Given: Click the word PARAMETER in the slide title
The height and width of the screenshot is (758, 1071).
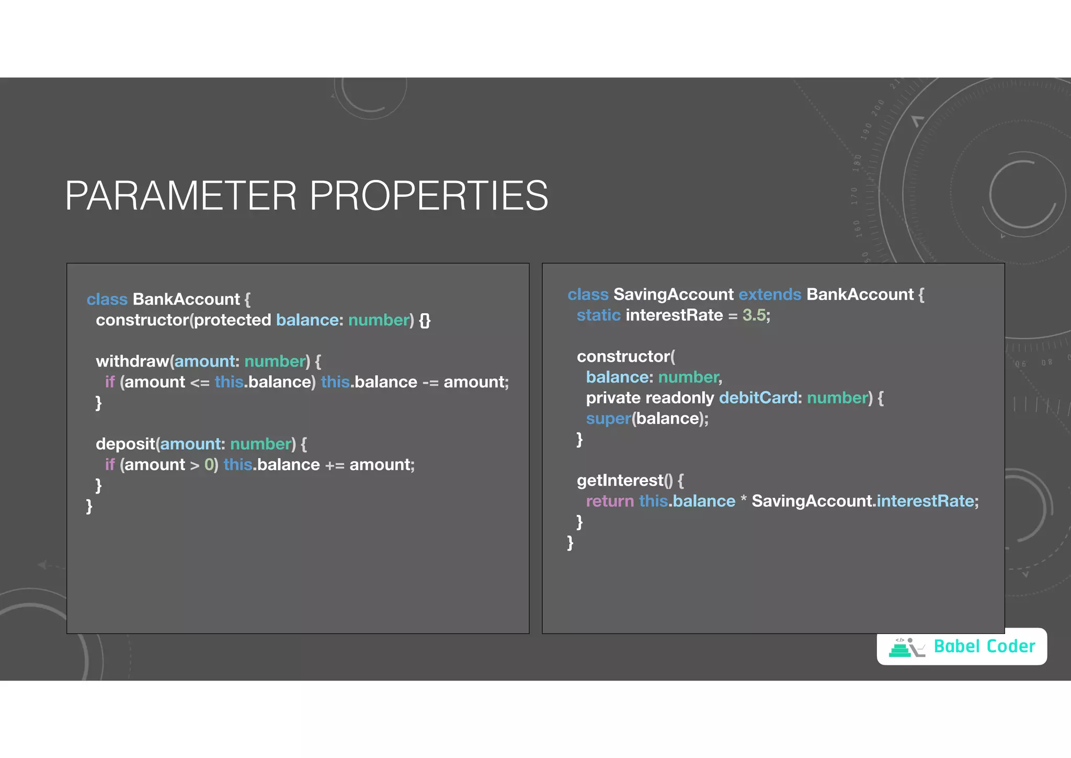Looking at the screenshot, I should tap(180, 196).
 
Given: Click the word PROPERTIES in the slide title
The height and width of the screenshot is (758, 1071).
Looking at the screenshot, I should tap(429, 196).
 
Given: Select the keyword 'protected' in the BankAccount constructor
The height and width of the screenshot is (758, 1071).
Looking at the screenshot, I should tap(233, 320).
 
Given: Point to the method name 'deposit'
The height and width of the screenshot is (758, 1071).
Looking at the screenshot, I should tap(126, 444).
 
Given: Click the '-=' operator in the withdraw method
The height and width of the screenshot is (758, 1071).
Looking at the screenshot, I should tap(430, 383).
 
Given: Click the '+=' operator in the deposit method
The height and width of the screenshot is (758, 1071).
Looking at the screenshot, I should tap(335, 465).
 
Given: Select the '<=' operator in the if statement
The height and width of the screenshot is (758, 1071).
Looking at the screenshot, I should tap(200, 383).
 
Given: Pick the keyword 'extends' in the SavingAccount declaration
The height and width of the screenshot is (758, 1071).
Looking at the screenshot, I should tap(770, 294).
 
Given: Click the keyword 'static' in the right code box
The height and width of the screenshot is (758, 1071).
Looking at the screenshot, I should tap(598, 315).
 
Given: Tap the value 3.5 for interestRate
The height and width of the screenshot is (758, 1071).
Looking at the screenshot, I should tap(754, 315).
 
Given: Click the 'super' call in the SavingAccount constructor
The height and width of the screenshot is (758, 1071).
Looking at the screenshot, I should tap(608, 419).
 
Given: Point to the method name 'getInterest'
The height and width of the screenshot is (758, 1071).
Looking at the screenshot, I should tap(620, 481).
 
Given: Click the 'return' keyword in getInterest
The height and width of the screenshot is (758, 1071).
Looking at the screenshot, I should tap(610, 501).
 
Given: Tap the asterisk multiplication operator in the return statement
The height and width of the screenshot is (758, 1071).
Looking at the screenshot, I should tap(744, 500).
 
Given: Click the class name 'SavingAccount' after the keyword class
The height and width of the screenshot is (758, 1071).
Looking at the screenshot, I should tap(674, 294).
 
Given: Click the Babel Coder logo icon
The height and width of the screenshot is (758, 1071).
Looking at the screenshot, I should tap(907, 648).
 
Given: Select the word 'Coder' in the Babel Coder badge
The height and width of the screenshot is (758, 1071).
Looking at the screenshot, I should tap(1011, 646).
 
